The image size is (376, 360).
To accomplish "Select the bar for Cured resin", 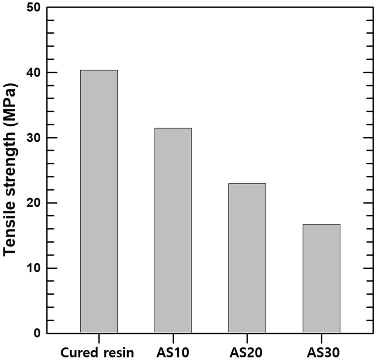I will coord(99,202).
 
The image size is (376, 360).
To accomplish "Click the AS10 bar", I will coord(173,230).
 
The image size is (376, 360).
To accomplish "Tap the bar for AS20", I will coord(247,258).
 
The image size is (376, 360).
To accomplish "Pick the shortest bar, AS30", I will coord(321,279).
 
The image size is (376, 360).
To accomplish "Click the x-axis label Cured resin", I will coord(97,353).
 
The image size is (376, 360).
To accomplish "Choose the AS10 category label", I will coord(173,353).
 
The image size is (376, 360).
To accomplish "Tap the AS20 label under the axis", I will coord(247,353).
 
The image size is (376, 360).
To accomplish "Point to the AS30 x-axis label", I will coord(321,353).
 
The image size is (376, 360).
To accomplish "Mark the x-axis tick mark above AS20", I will coord(247,338).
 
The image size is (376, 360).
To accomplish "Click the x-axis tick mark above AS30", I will coord(321,338).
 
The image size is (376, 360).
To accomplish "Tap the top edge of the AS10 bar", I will coord(173,128).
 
